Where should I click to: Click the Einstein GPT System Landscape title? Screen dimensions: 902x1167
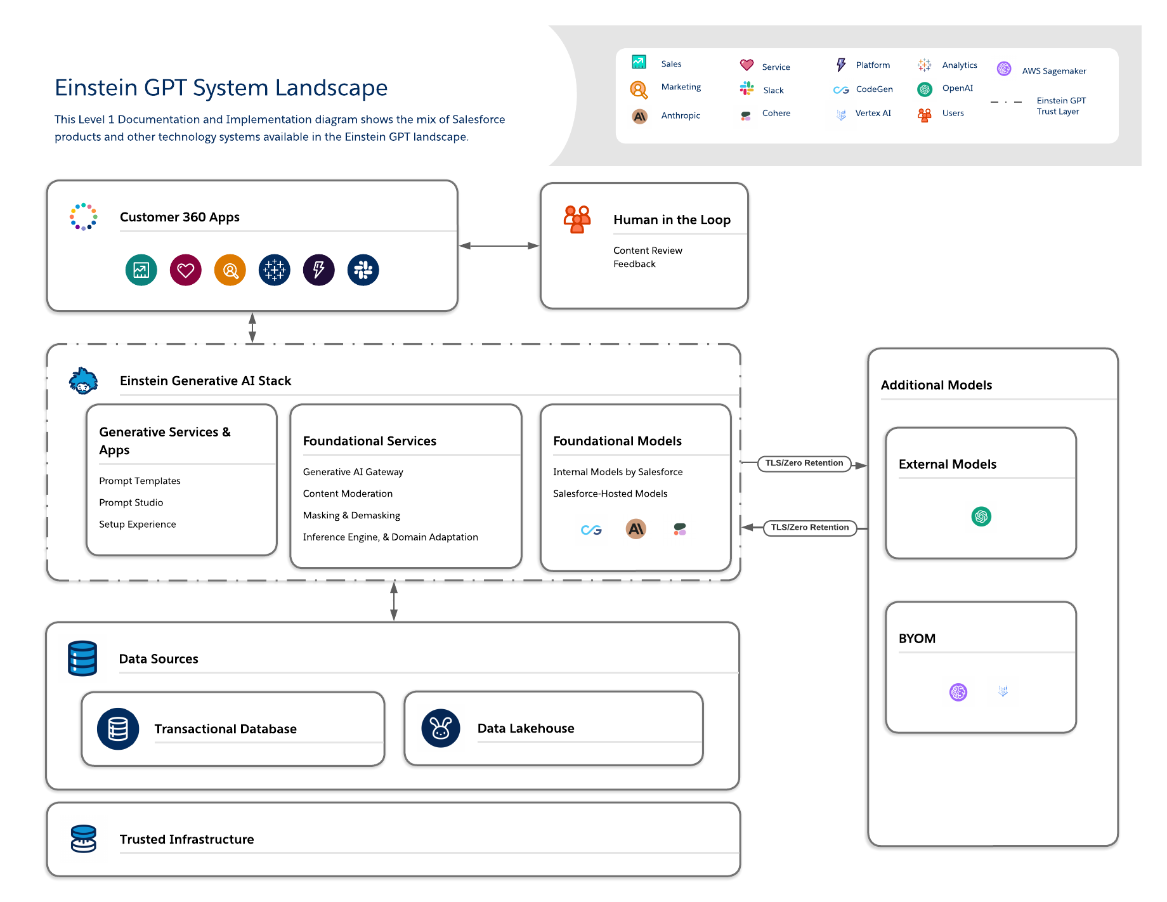click(221, 88)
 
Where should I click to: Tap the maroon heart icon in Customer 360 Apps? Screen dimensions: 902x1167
click(185, 270)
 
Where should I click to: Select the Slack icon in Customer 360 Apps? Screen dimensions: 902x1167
click(363, 270)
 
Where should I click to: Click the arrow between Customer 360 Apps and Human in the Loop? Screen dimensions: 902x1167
click(499, 245)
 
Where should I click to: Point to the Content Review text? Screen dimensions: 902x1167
click(648, 251)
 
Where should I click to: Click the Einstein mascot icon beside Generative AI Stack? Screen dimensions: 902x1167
click(83, 381)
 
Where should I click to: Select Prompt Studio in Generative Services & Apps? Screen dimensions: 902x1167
click(131, 502)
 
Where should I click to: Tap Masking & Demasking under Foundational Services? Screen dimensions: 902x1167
click(351, 515)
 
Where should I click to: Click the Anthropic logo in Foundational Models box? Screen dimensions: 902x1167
click(636, 528)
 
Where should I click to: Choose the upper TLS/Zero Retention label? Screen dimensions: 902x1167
click(804, 463)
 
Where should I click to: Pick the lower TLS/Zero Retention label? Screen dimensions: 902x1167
click(809, 528)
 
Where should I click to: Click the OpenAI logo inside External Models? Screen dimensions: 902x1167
click(981, 516)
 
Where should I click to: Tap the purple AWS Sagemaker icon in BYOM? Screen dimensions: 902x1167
click(958, 691)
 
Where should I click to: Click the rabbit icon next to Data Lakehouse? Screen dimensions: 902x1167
click(440, 728)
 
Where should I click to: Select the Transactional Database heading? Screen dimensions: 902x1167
click(225, 729)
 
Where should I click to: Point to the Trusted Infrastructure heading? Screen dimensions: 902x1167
click(186, 839)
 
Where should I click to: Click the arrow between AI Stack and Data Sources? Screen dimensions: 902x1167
click(394, 601)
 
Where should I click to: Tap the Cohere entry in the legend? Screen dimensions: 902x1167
click(776, 114)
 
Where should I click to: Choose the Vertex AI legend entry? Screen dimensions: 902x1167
click(873, 114)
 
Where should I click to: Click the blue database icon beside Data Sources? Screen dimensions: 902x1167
click(82, 658)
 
